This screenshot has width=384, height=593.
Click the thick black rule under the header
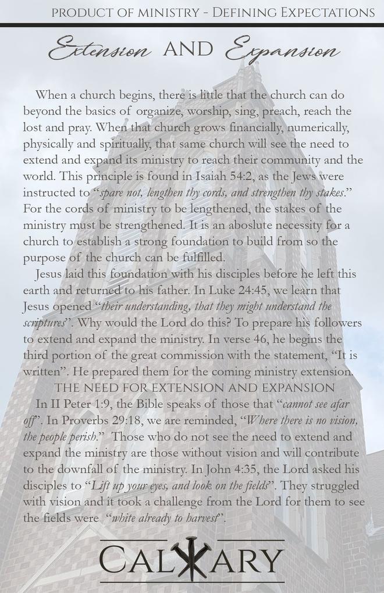(192, 25)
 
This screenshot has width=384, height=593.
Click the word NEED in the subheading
(106, 388)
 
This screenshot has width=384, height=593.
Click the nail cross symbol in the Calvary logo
(191, 559)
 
